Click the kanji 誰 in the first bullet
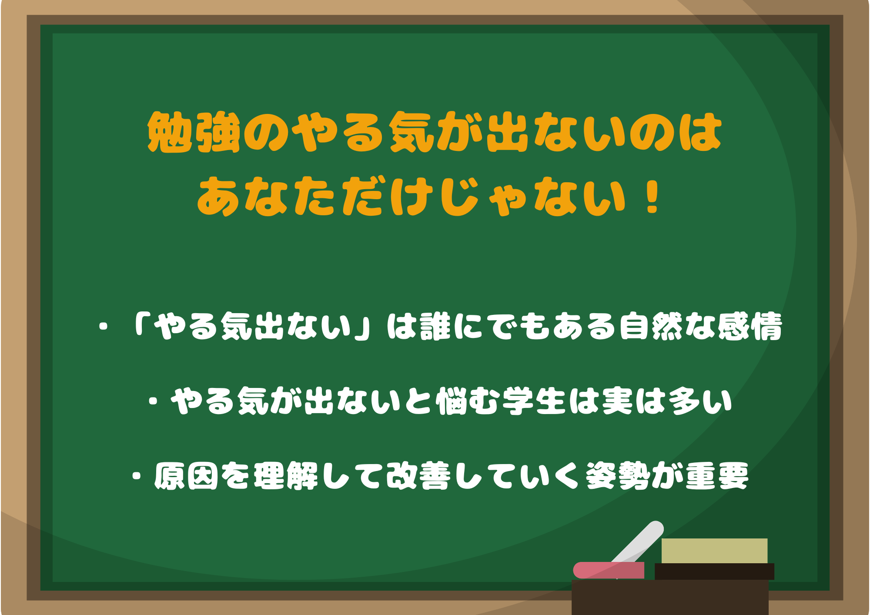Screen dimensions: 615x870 pyautogui.click(x=435, y=326)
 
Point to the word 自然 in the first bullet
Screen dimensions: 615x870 pyautogui.click(x=651, y=326)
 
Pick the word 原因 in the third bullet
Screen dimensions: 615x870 pyautogui.click(x=186, y=475)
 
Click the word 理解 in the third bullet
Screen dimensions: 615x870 pyautogui.click(x=286, y=475)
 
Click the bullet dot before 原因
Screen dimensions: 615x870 pyautogui.click(x=137, y=475)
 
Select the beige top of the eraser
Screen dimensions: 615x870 pyautogui.click(x=714, y=551)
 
